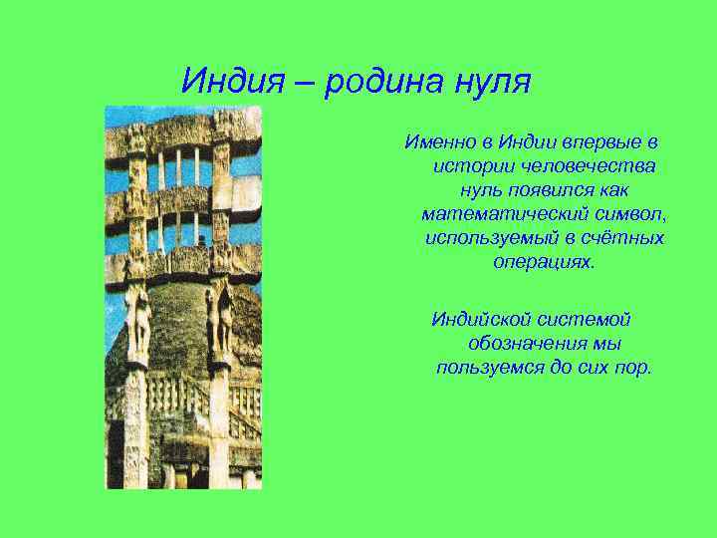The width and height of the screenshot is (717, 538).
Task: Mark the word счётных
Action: [627, 238]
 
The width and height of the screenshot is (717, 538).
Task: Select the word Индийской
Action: [474, 319]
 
